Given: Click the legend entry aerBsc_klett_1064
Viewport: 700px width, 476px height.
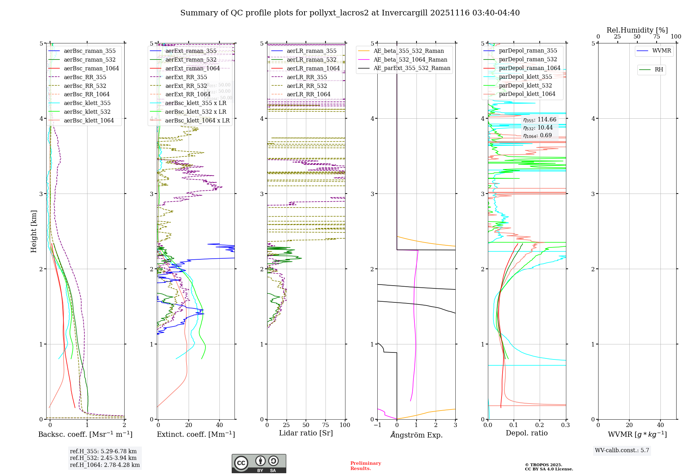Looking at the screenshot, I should click(x=89, y=120).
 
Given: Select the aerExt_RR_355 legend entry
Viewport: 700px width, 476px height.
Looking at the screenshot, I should click(x=186, y=77).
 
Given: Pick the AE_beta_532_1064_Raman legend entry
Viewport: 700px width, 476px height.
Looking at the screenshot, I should click(x=410, y=59).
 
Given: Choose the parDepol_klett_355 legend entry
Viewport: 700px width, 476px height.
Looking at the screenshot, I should click(x=525, y=77).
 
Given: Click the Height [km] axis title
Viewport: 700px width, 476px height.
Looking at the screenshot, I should click(x=34, y=231).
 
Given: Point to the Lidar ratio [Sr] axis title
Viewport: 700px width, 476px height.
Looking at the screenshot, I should click(x=306, y=433).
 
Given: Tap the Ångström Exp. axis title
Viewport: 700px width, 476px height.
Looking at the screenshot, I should click(x=416, y=435).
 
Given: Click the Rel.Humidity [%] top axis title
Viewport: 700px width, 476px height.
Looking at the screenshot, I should click(x=637, y=30).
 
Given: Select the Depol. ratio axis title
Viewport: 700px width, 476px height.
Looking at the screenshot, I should click(x=526, y=433).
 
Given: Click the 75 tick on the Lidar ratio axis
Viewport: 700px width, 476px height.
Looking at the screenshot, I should click(x=325, y=425).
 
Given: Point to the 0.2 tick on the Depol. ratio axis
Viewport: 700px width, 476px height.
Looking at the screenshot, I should click(x=540, y=425).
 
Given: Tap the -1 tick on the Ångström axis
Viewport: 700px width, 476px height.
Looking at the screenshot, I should click(x=377, y=425).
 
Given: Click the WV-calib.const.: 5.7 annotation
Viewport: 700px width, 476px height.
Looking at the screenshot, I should click(x=622, y=450).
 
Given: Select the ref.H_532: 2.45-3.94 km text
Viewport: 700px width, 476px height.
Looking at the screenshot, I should click(x=103, y=458).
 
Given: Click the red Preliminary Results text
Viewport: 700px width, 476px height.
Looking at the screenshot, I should click(x=365, y=466).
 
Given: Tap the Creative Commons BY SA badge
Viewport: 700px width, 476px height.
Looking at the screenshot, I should click(x=259, y=464).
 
